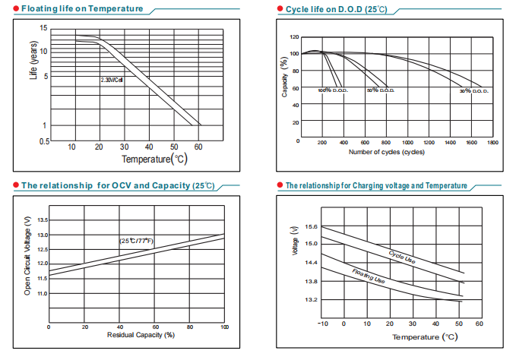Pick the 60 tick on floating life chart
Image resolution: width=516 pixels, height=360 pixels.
coord(198,146)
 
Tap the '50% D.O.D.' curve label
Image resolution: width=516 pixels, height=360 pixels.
coord(380,90)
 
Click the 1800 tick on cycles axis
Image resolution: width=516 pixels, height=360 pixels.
coord(493,142)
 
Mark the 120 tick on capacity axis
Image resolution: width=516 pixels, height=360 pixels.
coord(294,37)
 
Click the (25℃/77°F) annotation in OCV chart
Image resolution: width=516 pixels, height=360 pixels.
coord(136,241)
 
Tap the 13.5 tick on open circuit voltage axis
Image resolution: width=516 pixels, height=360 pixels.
coord(43,219)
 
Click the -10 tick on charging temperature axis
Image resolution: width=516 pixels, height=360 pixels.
coord(321,324)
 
